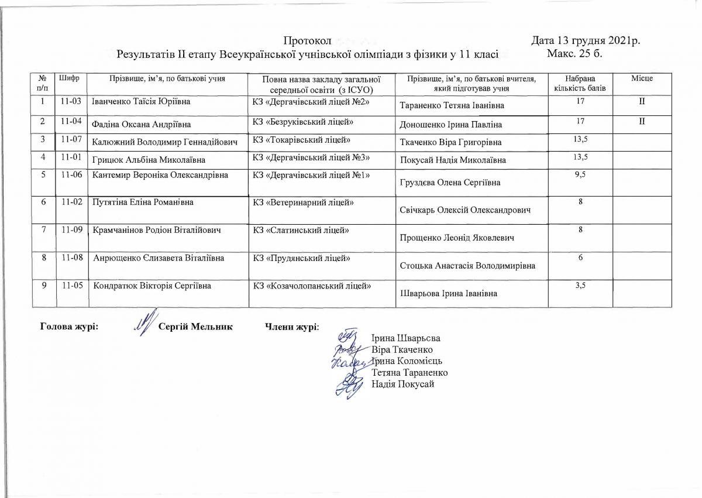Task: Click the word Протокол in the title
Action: (308, 41)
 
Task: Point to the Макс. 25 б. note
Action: (576, 54)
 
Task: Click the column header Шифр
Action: (70, 78)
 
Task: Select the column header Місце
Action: (642, 78)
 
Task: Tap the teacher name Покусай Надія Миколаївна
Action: (453, 160)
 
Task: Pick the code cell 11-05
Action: (70, 286)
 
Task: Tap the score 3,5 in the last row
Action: (580, 286)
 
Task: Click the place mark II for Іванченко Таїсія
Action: (642, 102)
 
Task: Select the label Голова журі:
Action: (68, 326)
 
